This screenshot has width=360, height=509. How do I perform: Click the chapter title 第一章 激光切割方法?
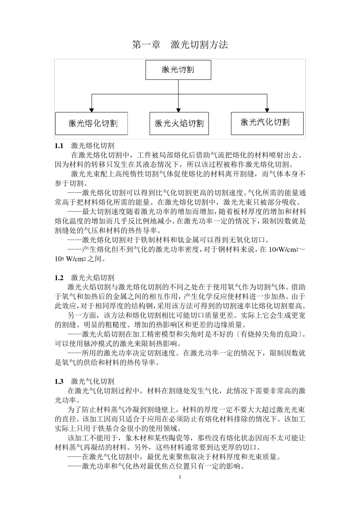click(180, 45)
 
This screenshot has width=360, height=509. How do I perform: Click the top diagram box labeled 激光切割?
click(178, 69)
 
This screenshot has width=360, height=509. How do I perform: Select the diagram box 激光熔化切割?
click(91, 123)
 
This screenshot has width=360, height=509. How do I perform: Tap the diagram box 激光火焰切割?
click(179, 123)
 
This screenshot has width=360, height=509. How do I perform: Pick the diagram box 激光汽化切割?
click(267, 122)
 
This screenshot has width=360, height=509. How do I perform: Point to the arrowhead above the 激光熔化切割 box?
click(91, 109)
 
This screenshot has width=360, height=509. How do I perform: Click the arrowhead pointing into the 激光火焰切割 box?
click(178, 109)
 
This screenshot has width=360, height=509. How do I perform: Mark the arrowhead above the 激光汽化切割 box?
click(267, 109)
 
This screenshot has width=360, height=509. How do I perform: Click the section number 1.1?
click(59, 145)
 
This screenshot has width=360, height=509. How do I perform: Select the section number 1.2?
click(59, 278)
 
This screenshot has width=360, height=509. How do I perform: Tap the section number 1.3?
click(59, 381)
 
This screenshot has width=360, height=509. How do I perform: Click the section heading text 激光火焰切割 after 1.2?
click(92, 278)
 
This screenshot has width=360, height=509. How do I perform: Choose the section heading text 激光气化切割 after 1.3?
click(92, 381)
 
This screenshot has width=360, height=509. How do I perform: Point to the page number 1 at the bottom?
click(180, 476)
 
